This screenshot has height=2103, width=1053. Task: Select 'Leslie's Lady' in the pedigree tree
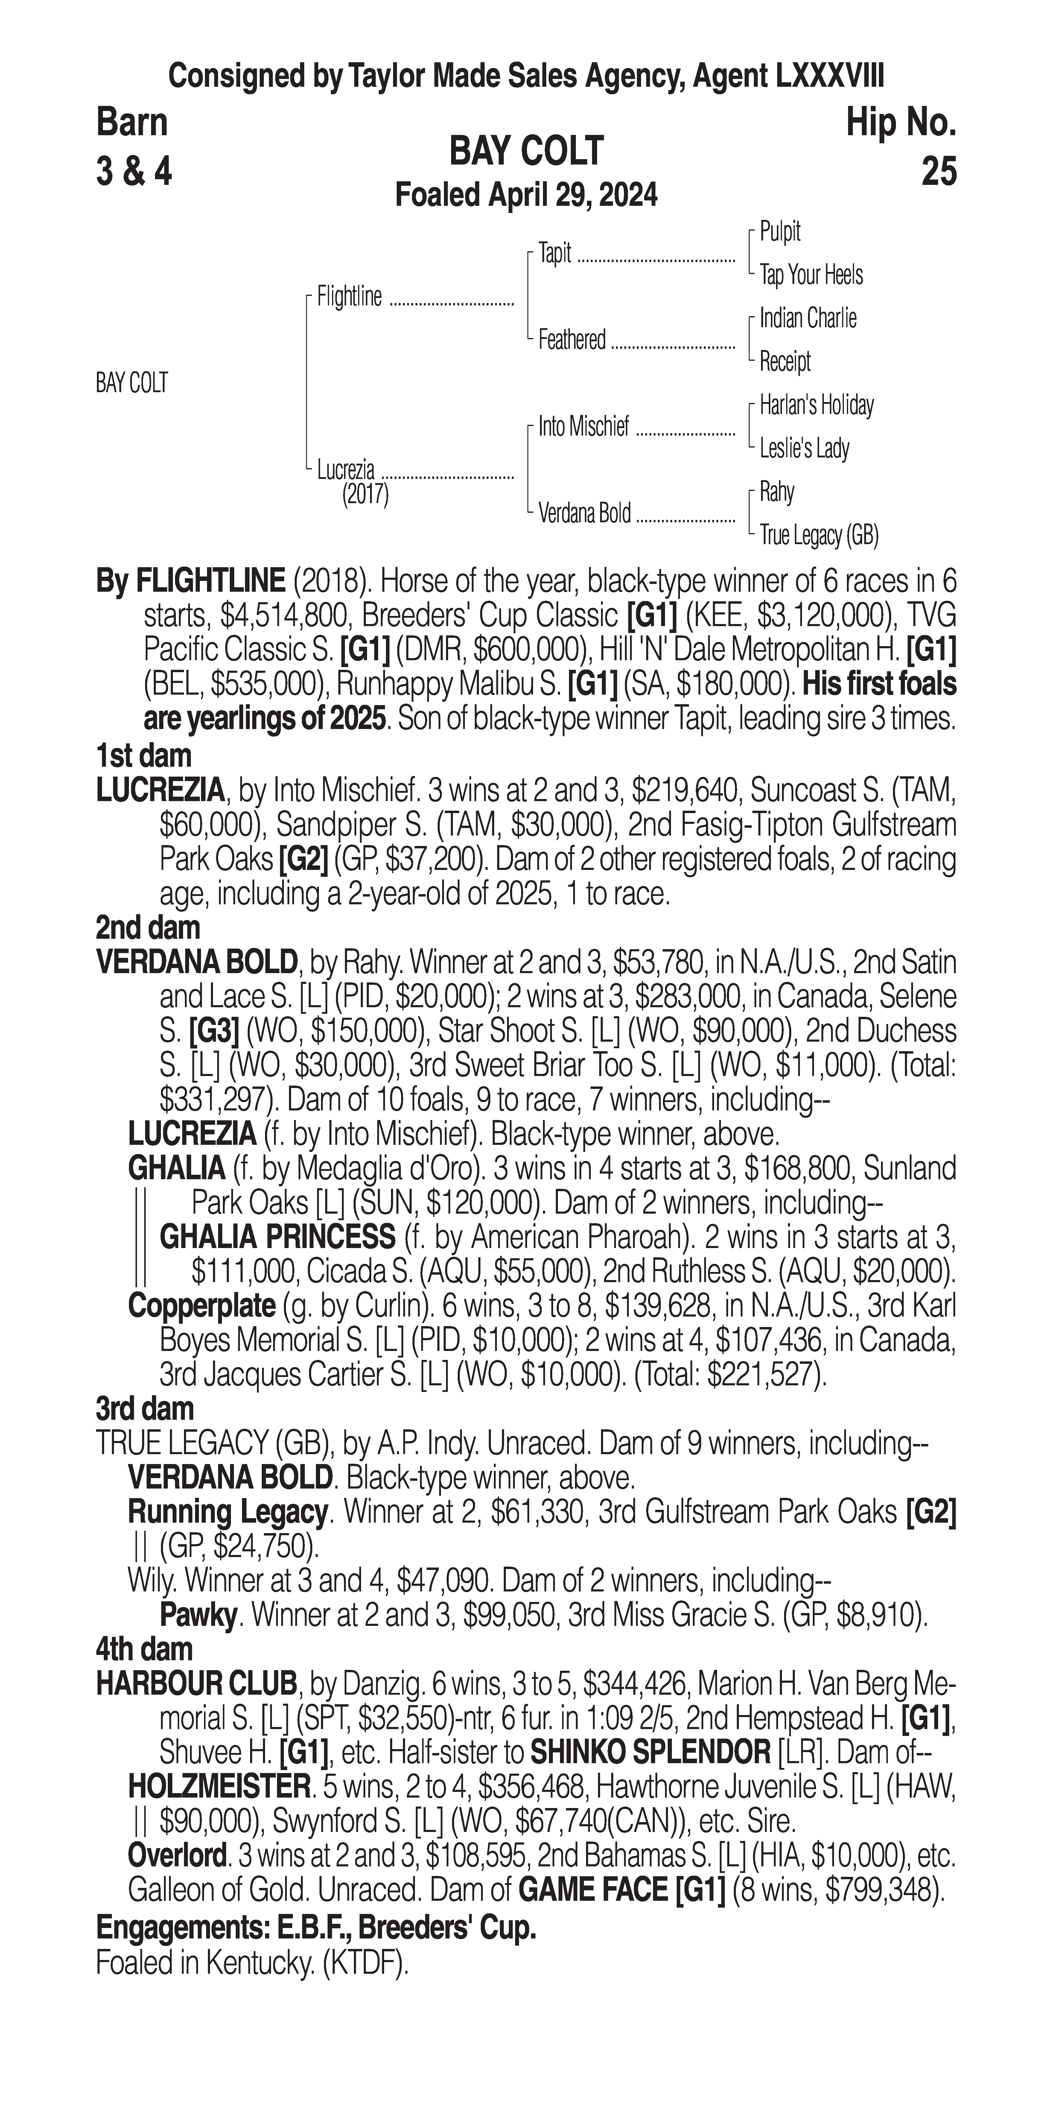click(804, 448)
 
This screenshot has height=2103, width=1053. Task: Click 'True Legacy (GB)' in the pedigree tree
click(818, 535)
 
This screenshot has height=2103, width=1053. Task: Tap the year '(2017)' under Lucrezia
click(365, 495)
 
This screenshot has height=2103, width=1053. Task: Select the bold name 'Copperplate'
click(202, 1305)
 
